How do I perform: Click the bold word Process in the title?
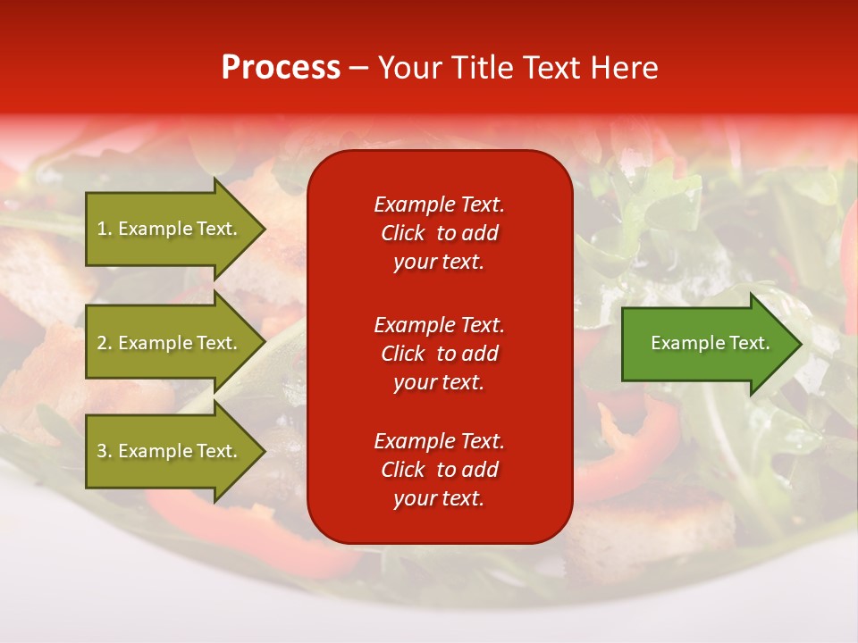(281, 68)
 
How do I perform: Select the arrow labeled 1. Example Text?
(170, 229)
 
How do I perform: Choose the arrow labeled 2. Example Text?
(170, 343)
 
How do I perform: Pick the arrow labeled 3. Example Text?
(170, 451)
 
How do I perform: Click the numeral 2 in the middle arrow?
(101, 343)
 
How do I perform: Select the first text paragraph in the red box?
(439, 233)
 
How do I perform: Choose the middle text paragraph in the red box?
(439, 354)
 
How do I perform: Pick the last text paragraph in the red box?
(439, 470)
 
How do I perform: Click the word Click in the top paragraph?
(403, 233)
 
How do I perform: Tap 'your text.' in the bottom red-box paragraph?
(439, 499)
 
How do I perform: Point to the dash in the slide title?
(358, 69)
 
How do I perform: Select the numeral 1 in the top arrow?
(101, 229)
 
